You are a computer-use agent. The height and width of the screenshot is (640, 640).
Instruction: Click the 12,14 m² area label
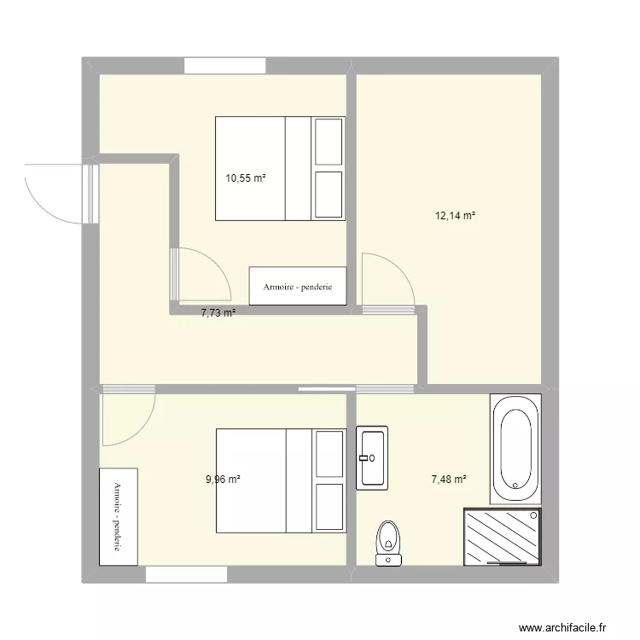pyautogui.click(x=455, y=216)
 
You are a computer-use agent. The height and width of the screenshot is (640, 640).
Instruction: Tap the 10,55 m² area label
pyautogui.click(x=245, y=178)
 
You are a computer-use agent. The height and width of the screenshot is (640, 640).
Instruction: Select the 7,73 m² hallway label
pyautogui.click(x=218, y=313)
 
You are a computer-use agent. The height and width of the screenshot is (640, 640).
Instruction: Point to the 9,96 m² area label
pyautogui.click(x=223, y=480)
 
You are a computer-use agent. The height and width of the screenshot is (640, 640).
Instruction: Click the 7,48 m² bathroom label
pyautogui.click(x=448, y=480)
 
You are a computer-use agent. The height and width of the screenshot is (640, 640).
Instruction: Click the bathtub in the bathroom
pyautogui.click(x=515, y=448)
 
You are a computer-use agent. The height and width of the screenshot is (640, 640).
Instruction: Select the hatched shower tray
pyautogui.click(x=503, y=537)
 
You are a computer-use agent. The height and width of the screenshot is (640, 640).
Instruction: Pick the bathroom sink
pyautogui.click(x=372, y=457)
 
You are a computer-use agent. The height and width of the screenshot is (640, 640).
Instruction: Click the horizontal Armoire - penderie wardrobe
pyautogui.click(x=297, y=286)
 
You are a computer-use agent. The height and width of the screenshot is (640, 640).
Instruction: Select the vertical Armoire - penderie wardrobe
pyautogui.click(x=118, y=515)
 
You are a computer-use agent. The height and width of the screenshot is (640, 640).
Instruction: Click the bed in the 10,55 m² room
pyautogui.click(x=280, y=168)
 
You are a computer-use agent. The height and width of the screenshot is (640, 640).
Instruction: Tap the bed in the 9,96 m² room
pyautogui.click(x=280, y=480)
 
